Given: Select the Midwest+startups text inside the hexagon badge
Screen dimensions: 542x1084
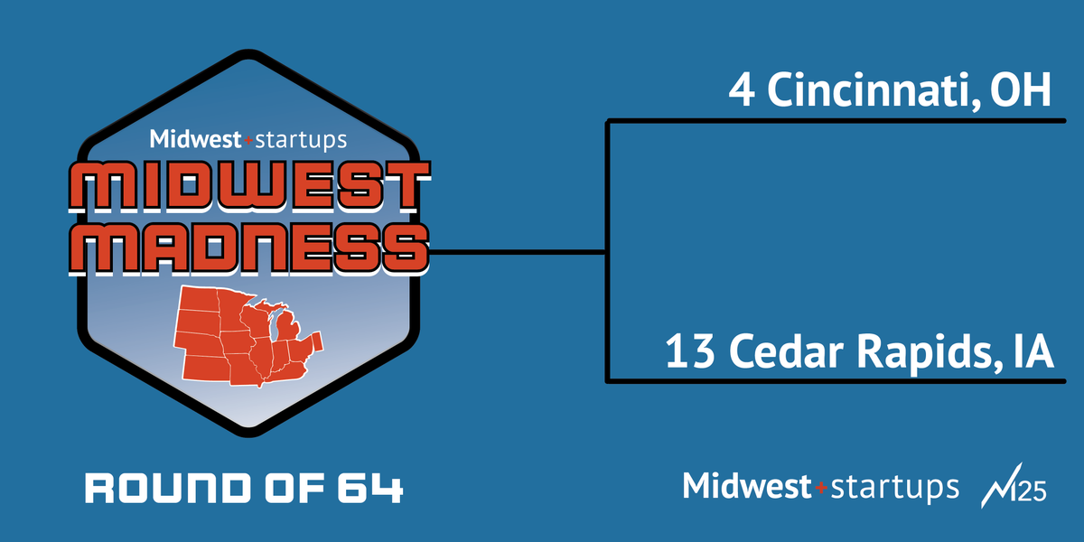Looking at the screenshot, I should point(248,140).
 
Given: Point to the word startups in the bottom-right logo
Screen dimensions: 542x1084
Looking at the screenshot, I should point(894,488).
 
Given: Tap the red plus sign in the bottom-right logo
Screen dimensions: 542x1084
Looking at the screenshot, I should point(821,488).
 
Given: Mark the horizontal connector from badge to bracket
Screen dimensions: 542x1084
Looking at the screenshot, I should point(515,253).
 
